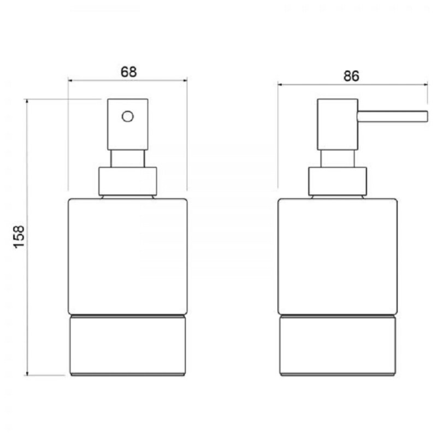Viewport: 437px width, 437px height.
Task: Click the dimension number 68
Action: coord(128,72)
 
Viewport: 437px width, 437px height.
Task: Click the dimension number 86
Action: coord(351,76)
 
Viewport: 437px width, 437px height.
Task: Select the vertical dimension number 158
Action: coord(19,237)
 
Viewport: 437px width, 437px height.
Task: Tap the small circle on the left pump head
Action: coord(128,116)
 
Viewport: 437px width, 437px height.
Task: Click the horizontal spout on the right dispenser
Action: coord(393,116)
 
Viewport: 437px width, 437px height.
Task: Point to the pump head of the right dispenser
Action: coord(337,125)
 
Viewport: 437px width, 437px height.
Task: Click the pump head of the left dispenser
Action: coord(128,125)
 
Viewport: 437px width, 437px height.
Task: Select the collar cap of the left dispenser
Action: coord(128,181)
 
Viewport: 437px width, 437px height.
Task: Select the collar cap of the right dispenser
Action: coord(337,181)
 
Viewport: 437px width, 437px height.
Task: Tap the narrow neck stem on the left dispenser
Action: coord(128,158)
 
